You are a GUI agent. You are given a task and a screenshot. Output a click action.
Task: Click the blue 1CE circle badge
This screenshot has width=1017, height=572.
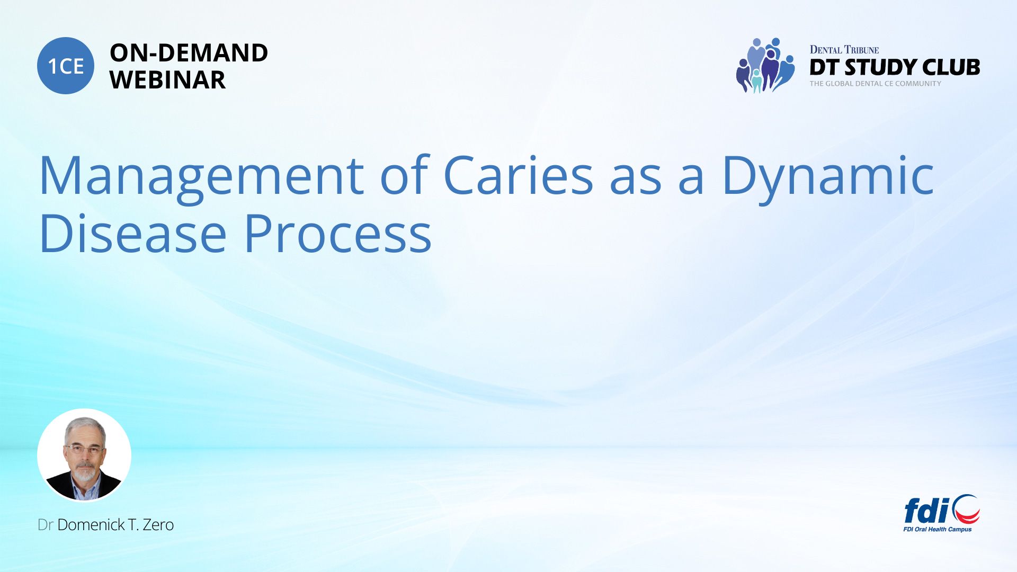[66, 66]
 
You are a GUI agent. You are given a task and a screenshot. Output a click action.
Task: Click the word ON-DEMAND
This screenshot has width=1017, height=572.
[189, 53]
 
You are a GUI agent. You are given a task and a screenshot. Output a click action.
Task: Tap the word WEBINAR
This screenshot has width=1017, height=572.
[167, 80]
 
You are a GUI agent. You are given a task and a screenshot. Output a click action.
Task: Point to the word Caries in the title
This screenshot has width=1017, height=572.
[518, 175]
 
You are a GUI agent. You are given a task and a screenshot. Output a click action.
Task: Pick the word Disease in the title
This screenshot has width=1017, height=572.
[133, 233]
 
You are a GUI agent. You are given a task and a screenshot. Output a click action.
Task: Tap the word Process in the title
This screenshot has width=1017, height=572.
[337, 233]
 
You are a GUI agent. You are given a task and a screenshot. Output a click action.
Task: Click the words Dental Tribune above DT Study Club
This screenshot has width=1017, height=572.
[844, 50]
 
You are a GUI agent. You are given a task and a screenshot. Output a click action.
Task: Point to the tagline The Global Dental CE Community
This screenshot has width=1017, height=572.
[876, 84]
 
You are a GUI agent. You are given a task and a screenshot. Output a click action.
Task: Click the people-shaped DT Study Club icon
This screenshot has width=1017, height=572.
[765, 65]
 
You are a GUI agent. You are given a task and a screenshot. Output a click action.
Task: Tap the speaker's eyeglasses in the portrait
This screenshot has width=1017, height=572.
[84, 448]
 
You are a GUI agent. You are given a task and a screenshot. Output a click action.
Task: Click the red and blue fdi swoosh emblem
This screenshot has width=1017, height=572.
[966, 509]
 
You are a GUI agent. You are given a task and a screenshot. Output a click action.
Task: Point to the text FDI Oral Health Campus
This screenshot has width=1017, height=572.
[938, 529]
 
